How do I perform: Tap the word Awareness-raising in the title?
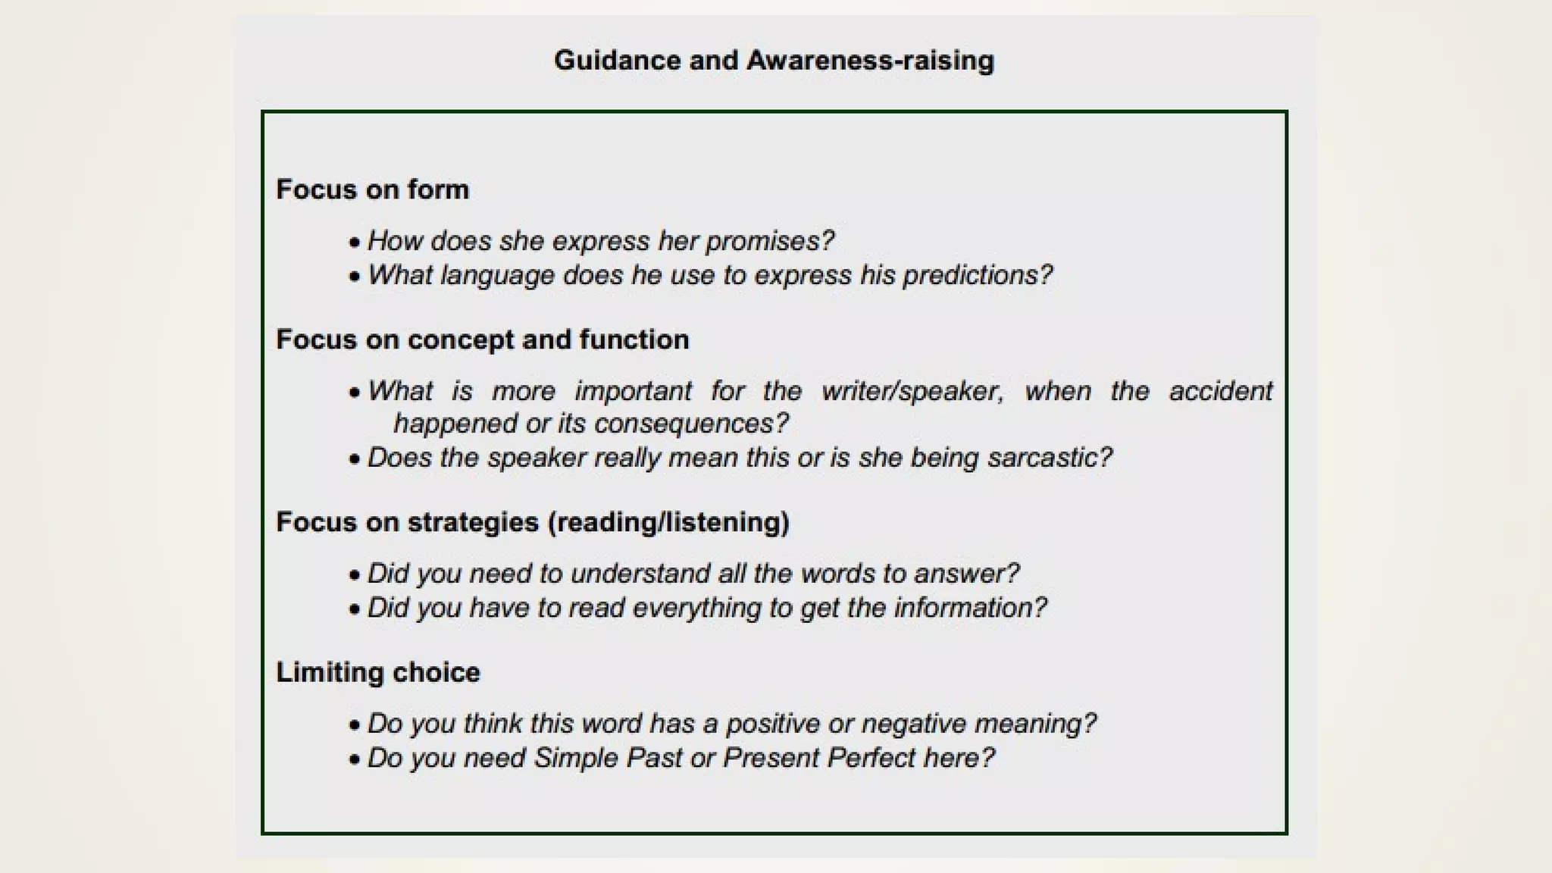point(870,61)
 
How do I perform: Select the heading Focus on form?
point(372,189)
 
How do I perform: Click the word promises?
point(769,241)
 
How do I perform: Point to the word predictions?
point(978,275)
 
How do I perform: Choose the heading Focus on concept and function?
point(482,339)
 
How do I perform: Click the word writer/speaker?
point(912,391)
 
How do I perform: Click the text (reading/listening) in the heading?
point(668,522)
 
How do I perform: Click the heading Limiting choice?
point(377,672)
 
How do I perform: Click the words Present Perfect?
point(819,758)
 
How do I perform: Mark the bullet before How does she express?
point(354,242)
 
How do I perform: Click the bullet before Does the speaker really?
point(354,459)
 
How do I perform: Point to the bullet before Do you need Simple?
point(354,759)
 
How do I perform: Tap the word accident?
point(1220,391)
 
